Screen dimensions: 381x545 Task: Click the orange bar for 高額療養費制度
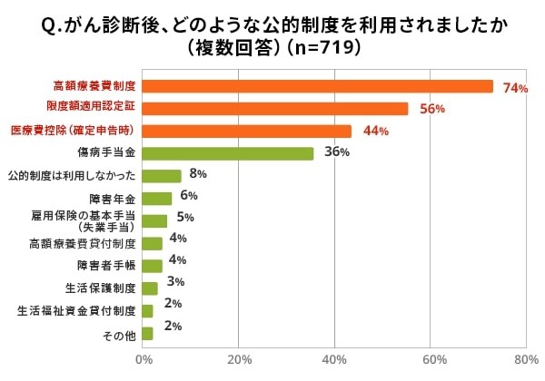click(x=318, y=86)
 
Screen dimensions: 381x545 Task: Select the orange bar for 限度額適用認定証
click(x=275, y=109)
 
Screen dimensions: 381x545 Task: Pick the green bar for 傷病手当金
click(x=228, y=153)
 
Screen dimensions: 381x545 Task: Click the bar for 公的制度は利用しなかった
click(x=162, y=176)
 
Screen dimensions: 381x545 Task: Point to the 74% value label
click(x=515, y=88)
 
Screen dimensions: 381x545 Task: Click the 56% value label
click(x=431, y=110)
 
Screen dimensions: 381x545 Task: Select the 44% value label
click(x=375, y=132)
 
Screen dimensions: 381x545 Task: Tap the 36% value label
click(x=337, y=152)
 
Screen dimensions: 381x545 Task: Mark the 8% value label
click(x=198, y=174)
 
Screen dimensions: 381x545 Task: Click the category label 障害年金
click(x=112, y=199)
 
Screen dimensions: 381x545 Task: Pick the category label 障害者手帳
click(x=106, y=266)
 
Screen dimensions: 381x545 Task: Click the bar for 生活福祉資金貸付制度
click(x=147, y=311)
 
